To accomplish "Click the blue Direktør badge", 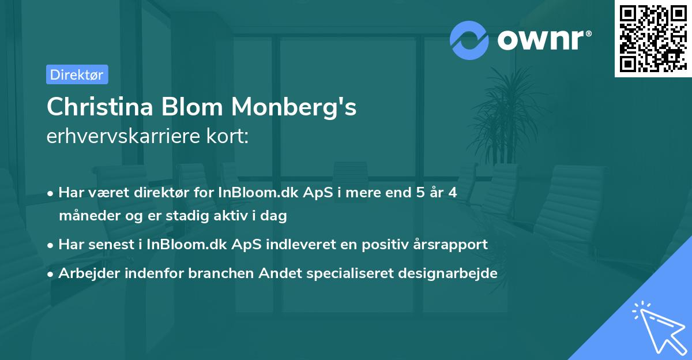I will (77, 74).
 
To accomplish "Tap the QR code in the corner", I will (652, 38).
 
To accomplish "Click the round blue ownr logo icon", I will (469, 40).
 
